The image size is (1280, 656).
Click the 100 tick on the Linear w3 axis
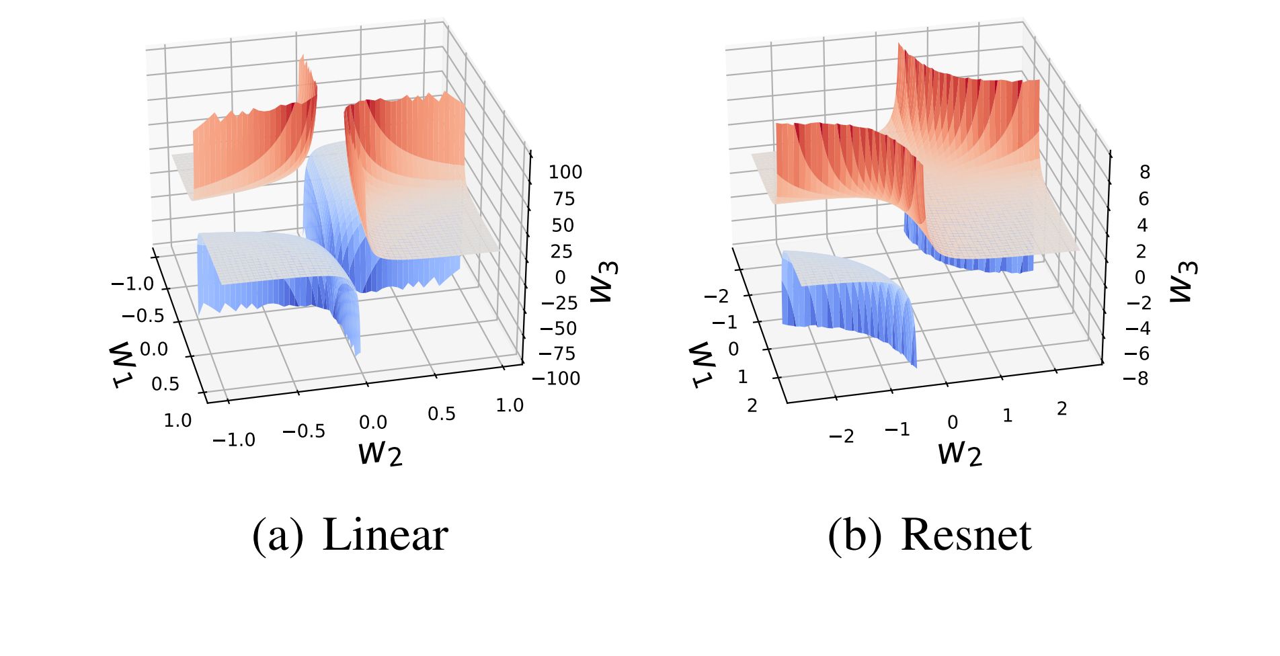[x=565, y=172]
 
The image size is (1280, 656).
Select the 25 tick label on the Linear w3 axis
[x=561, y=251]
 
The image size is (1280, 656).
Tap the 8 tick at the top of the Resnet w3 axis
[x=1144, y=172]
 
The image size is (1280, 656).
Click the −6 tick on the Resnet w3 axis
[x=1137, y=354]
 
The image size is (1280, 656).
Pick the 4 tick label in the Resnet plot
[x=1142, y=225]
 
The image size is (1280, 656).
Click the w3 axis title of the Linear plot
[x=604, y=282]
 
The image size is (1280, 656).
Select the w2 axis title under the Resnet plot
[x=960, y=453]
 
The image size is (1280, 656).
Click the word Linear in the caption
[x=385, y=536]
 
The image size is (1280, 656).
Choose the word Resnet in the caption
[x=965, y=536]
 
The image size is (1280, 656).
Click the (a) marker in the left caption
[x=278, y=536]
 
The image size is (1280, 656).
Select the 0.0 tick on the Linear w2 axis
[x=372, y=423]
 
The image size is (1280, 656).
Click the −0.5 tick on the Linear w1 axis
[x=143, y=316]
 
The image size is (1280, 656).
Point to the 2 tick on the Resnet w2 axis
[x=1062, y=408]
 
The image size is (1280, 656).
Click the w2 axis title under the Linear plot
[x=381, y=453]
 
